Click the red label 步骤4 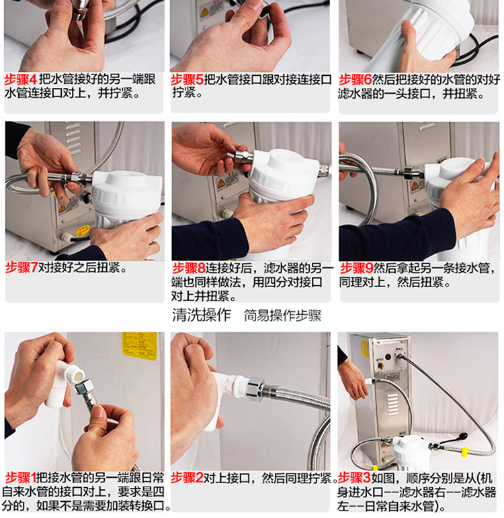point(21,80)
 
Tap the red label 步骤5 point(187,80)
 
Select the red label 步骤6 point(355,80)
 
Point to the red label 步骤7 point(22,268)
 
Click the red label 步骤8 point(189,268)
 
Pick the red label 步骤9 point(357,268)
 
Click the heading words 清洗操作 point(202,315)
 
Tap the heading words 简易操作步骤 point(283,315)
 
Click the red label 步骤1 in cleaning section point(21,478)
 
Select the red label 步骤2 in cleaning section point(187,478)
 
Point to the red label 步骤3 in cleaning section point(354,478)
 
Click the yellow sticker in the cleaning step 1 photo point(139,346)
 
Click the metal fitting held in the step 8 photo point(240,156)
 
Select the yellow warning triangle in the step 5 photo point(204,13)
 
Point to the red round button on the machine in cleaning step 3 point(388,357)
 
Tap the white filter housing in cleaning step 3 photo point(407,452)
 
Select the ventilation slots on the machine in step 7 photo point(73,138)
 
